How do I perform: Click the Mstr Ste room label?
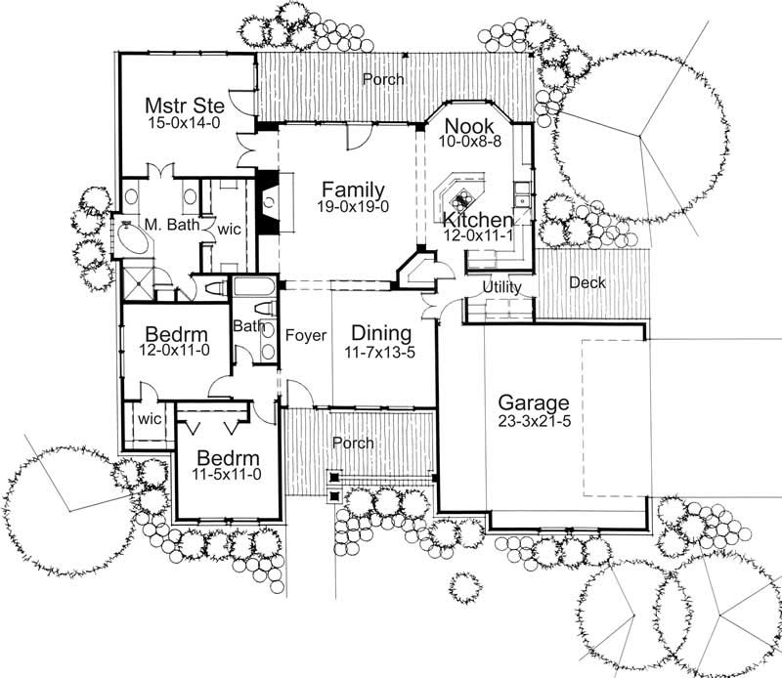186,105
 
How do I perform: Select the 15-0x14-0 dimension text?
186,124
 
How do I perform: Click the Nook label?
466,126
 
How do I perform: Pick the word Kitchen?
477,219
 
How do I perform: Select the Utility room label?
501,287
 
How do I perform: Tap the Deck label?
586,282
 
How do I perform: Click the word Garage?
533,402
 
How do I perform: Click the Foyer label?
305,335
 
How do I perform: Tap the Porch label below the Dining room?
353,443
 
